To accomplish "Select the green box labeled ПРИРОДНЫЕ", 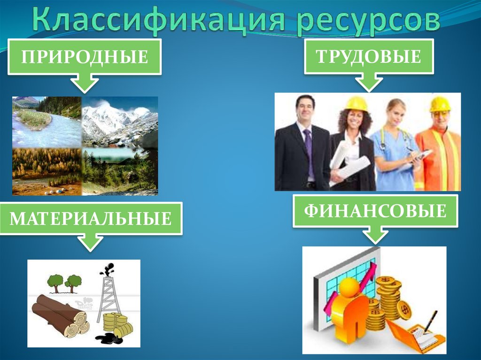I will coord(85,57).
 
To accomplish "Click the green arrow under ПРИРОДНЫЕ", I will coord(84,83).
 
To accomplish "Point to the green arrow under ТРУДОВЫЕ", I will coord(368,83).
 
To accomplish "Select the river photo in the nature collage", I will coord(47,122).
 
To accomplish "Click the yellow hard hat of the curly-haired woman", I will coord(357,104).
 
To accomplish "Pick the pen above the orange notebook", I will coord(429,322).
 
